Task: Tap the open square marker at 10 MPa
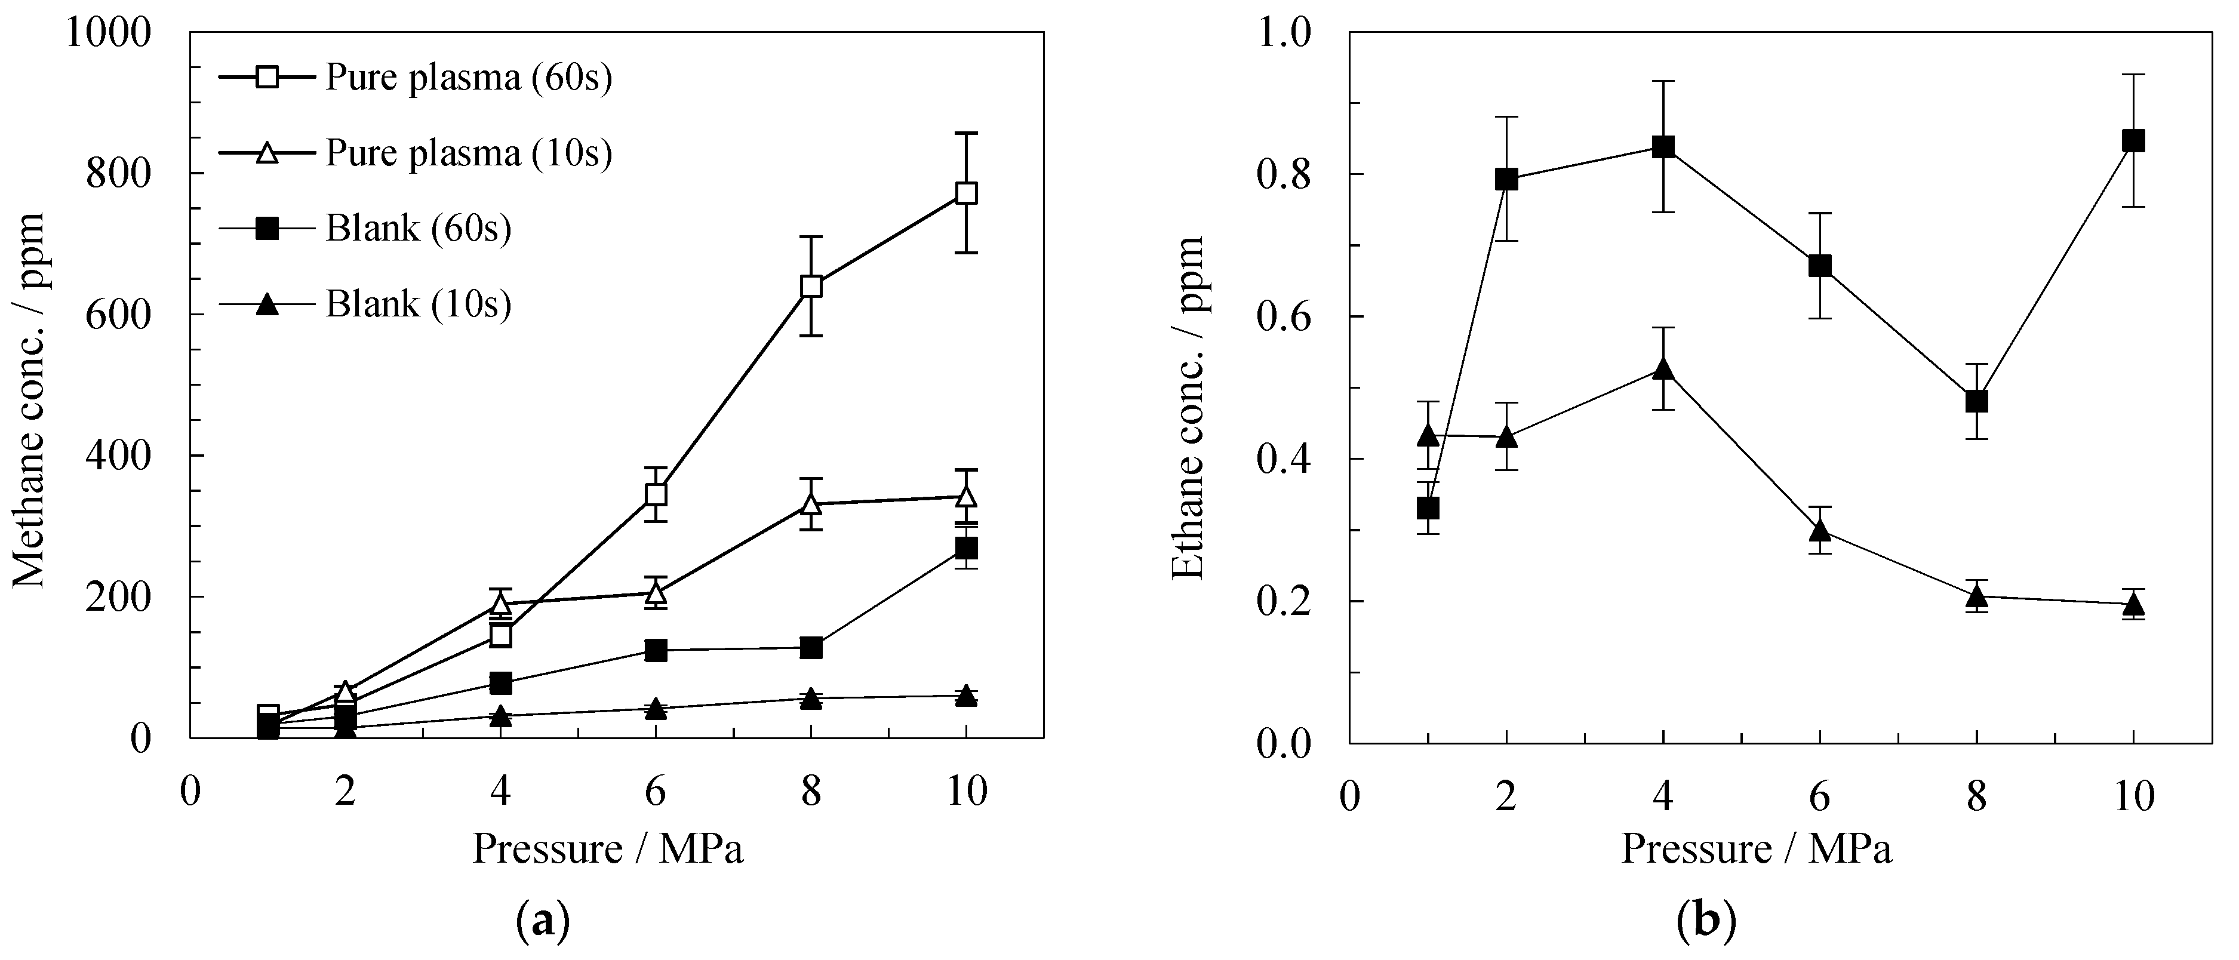click(x=965, y=193)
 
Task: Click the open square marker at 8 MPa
click(x=811, y=286)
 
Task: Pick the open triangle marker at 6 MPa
click(x=656, y=593)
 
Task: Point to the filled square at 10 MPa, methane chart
click(x=965, y=548)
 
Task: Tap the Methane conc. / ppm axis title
click(x=29, y=399)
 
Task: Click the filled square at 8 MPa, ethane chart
click(x=1976, y=401)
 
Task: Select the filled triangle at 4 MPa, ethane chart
click(x=1663, y=369)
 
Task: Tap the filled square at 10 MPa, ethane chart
click(x=2133, y=141)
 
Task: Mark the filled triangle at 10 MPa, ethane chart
click(x=2133, y=604)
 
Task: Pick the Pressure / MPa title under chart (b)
click(x=1756, y=849)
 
